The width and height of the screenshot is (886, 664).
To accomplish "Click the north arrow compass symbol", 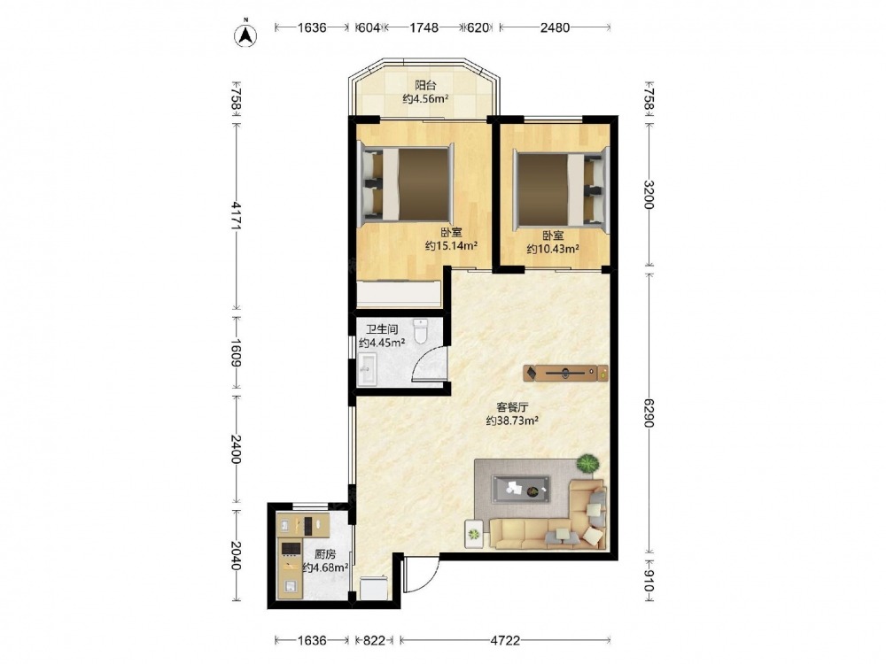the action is pos(245,34).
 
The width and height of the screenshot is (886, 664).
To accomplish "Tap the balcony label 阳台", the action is pos(425,85).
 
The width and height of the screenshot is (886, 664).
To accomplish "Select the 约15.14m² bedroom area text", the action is pos(452,245).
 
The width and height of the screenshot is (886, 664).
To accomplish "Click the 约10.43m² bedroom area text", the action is pos(553,249).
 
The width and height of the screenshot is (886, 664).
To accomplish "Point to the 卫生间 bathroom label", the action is pos(382,329).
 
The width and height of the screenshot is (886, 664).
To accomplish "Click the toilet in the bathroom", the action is pos(420,331).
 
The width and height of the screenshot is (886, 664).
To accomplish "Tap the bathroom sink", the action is pos(367,370).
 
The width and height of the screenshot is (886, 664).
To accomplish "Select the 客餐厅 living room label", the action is pos(512,407).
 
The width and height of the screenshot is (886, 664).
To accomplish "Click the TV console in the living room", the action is pos(565,373).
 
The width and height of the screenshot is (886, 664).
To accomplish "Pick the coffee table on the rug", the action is pos(521,489).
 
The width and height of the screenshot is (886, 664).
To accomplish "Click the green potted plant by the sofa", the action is pos(587,464).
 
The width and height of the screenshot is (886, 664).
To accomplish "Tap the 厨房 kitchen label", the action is pos(325,554).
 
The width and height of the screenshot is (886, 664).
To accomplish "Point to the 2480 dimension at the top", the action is pos(555,27).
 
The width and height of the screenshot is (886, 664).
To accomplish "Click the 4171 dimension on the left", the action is pos(237,216).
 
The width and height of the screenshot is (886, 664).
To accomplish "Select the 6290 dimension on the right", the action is pos(649,413).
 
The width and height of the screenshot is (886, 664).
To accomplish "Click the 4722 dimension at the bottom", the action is pos(505,640).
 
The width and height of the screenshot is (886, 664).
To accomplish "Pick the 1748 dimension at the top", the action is pos(424,27).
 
